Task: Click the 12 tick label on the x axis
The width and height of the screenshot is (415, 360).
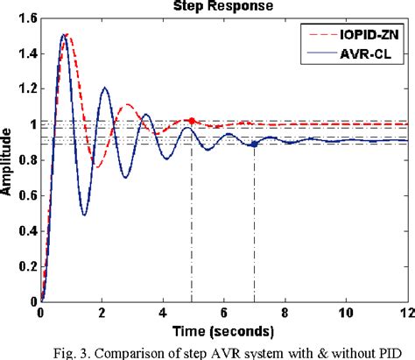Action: coord(404,312)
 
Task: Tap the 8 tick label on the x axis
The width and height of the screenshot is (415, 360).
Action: coord(285,312)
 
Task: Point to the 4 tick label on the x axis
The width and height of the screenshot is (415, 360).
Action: coord(163,312)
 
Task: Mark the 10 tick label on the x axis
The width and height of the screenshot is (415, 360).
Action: coord(346,312)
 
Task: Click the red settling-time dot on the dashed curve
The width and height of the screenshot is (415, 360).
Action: coord(192,120)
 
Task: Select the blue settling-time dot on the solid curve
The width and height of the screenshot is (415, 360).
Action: coord(254,145)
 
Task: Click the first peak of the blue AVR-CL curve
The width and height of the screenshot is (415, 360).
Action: coord(63,35)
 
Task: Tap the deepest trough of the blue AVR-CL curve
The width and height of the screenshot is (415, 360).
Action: coord(83,215)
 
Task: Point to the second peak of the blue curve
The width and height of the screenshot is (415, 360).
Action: coord(104,87)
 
